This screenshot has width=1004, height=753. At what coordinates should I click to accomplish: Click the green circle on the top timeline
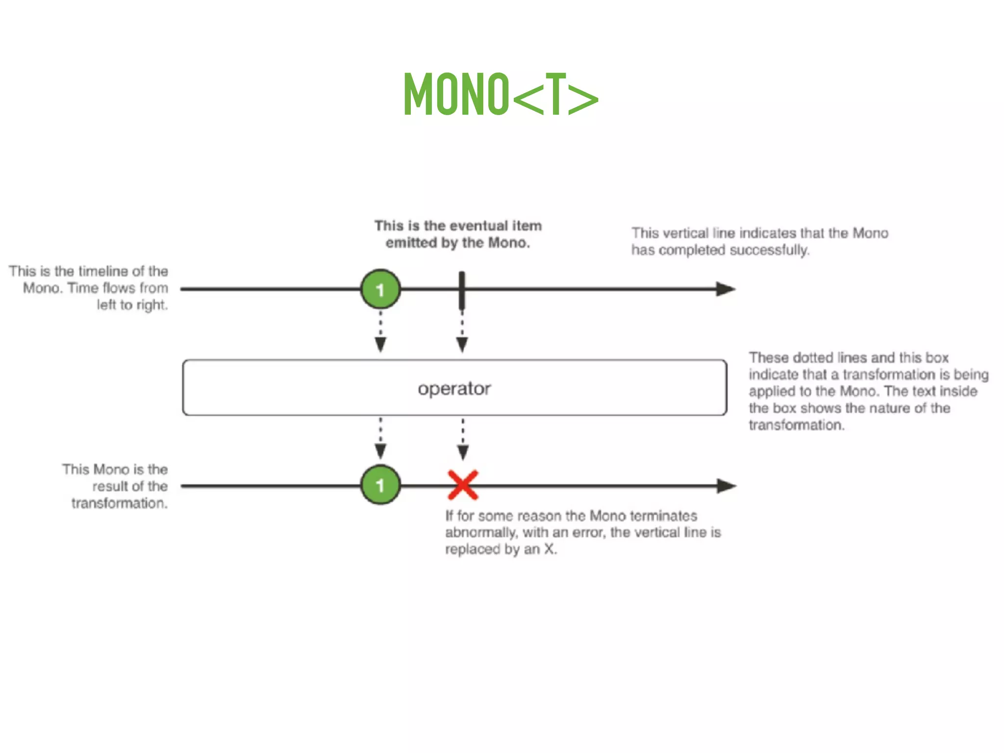click(380, 289)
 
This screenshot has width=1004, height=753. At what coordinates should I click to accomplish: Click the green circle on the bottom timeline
click(380, 485)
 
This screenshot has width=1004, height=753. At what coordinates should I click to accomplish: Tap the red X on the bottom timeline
click(463, 485)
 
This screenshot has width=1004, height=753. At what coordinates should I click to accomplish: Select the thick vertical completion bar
click(462, 290)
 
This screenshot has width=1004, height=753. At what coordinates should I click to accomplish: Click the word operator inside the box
click(454, 389)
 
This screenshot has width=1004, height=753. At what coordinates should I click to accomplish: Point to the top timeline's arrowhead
click(725, 289)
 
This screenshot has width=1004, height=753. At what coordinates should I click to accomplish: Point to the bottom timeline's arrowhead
click(726, 486)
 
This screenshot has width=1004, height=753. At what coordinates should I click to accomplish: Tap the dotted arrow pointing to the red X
click(463, 438)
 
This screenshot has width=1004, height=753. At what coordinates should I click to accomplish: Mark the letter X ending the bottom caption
click(549, 549)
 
